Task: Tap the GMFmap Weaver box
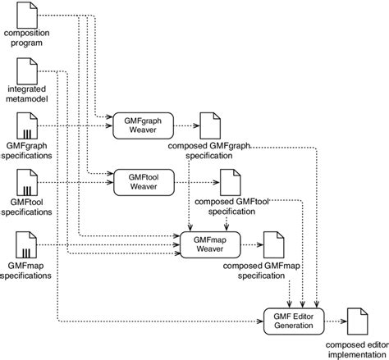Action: click(x=204, y=244)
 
